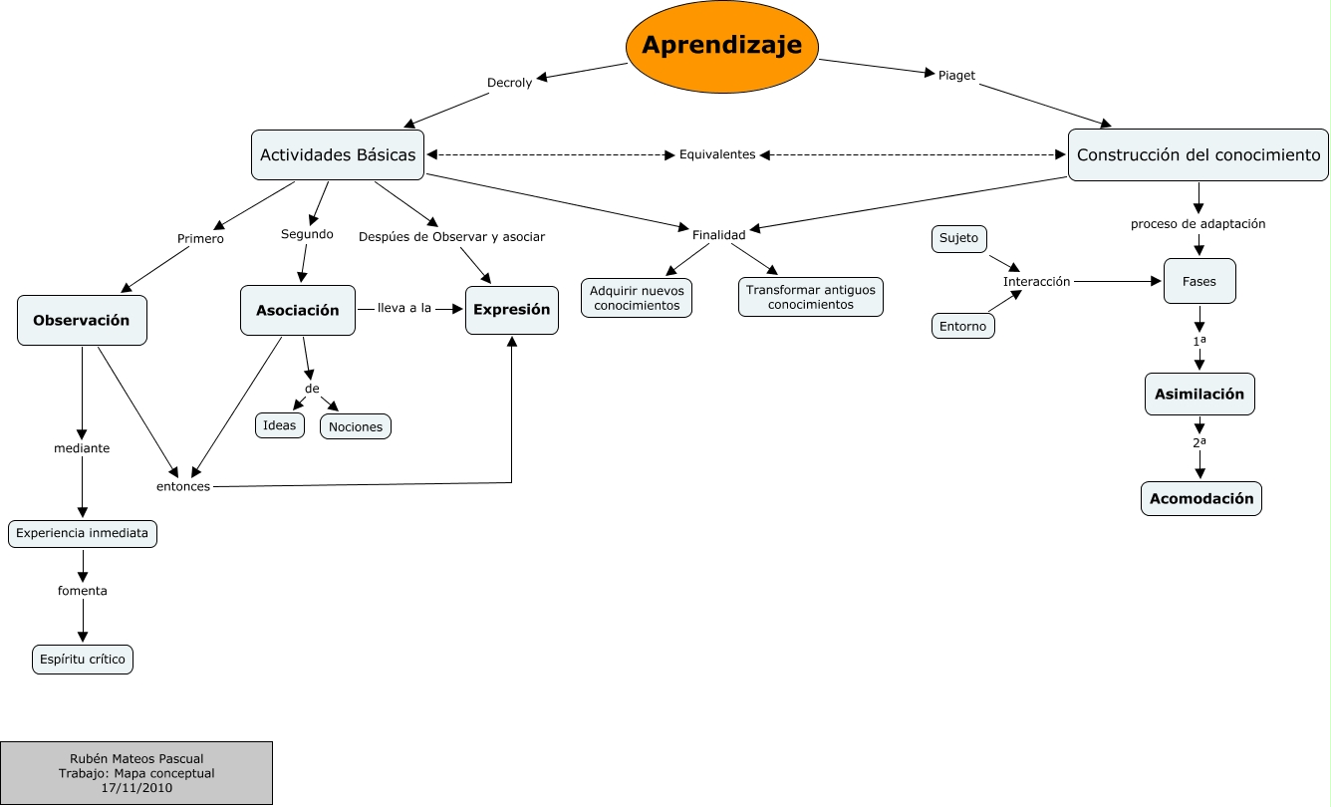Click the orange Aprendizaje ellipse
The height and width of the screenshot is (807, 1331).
[721, 46]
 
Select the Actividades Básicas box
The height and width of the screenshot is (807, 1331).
[338, 155]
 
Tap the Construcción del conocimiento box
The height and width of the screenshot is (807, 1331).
[1198, 155]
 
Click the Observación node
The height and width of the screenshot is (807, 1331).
[82, 321]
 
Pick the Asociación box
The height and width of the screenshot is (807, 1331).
[297, 311]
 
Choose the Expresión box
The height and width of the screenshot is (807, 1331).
[511, 310]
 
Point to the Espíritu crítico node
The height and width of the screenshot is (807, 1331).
[83, 660]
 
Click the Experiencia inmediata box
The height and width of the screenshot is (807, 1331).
[83, 534]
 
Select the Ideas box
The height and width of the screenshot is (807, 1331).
[280, 425]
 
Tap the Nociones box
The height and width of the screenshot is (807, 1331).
[356, 426]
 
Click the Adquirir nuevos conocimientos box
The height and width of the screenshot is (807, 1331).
[637, 298]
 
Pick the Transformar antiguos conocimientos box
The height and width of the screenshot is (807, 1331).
[810, 297]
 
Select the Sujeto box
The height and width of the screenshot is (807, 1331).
[959, 239]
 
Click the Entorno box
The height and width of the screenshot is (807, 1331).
[962, 326]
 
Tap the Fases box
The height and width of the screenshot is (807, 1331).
[1198, 281]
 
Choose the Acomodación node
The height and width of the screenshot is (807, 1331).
[1200, 498]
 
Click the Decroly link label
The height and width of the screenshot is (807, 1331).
[509, 83]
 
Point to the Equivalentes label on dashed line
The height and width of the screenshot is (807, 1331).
[717, 155]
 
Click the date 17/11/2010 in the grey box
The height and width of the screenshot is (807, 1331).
[136, 788]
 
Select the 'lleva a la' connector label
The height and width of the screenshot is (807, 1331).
[403, 308]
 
